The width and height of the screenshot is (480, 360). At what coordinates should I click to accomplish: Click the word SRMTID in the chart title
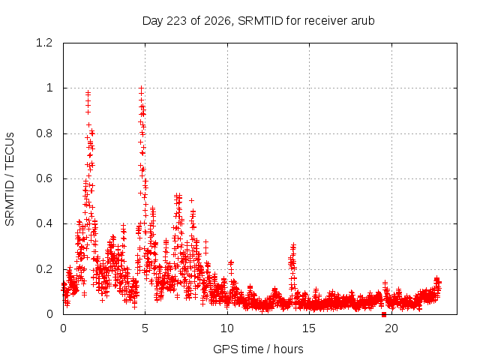(260, 21)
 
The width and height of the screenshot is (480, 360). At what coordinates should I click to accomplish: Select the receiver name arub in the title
(362, 21)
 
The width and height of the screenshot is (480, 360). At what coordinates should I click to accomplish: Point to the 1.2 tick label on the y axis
(44, 43)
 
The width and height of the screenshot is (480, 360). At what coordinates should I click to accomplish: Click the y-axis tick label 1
(49, 88)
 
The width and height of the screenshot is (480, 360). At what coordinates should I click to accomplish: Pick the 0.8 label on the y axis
(44, 133)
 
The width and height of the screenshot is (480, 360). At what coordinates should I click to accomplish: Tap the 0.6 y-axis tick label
(44, 178)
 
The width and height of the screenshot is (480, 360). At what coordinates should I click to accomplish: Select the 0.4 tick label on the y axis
(44, 223)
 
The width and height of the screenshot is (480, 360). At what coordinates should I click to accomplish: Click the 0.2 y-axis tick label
(44, 269)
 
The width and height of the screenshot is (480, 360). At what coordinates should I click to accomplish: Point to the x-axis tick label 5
(145, 328)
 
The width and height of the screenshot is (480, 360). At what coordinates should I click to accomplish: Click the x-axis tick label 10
(226, 328)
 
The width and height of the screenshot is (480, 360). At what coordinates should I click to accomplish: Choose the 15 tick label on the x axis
(309, 328)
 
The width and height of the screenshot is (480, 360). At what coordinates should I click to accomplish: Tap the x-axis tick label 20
(391, 328)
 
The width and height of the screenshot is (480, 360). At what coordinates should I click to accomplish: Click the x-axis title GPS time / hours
(258, 349)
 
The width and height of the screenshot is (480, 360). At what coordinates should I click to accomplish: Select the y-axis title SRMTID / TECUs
(10, 179)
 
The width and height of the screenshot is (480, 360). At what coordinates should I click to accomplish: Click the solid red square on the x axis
(384, 315)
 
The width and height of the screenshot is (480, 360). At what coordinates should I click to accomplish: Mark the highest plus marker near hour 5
(141, 88)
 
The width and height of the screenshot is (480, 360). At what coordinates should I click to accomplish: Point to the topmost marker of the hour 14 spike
(293, 245)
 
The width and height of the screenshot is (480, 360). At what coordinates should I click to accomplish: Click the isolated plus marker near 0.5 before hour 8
(191, 200)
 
